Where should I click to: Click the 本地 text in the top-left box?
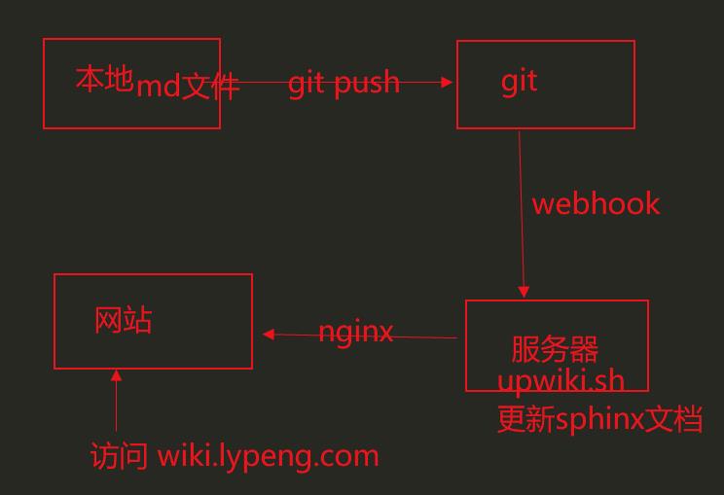tap(103, 79)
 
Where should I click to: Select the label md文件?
tap(187, 87)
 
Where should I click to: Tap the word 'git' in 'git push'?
tap(307, 83)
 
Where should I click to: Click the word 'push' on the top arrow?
tap(366, 84)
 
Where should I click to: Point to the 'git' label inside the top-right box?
tap(519, 81)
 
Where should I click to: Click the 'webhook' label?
tap(596, 204)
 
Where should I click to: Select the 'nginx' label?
tap(356, 333)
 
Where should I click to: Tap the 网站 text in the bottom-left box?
tap(124, 320)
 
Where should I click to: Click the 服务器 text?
tap(555, 349)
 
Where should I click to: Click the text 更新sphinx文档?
tap(599, 419)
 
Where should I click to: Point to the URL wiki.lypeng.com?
tap(268, 455)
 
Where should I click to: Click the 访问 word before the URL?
tap(120, 455)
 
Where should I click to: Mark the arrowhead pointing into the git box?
tap(448, 82)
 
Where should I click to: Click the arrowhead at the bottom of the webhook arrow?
tap(524, 291)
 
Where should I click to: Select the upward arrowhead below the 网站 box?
tap(117, 375)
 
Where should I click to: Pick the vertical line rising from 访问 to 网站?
tap(117, 408)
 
